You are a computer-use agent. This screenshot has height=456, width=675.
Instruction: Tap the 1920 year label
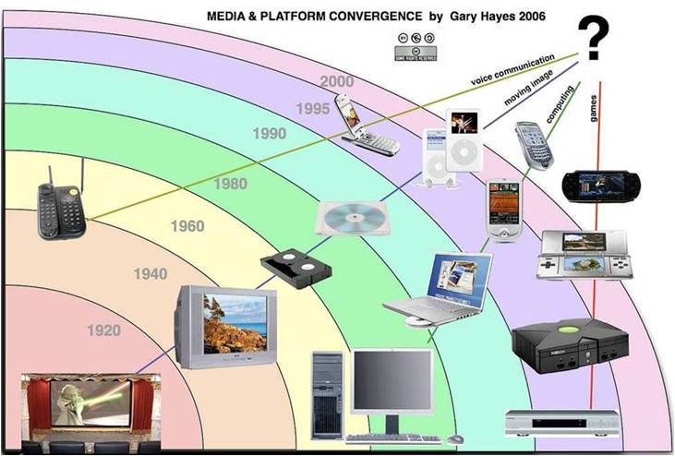[x=104, y=330]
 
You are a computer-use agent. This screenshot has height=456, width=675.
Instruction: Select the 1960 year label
[x=188, y=225]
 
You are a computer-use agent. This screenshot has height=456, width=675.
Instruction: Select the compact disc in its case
[x=348, y=218]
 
